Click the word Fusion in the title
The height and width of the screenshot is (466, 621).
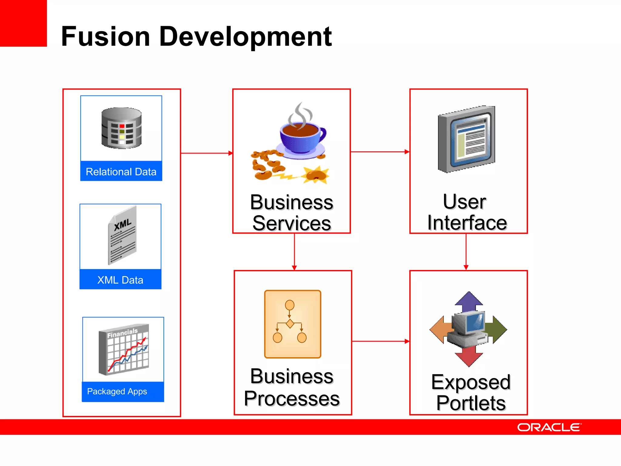pyautogui.click(x=106, y=37)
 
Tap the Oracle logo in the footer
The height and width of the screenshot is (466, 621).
pyautogui.click(x=549, y=427)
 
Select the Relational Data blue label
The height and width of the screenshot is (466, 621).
pyautogui.click(x=121, y=171)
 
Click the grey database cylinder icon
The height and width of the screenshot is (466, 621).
pyautogui.click(x=121, y=128)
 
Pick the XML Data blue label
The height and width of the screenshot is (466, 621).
pyautogui.click(x=120, y=279)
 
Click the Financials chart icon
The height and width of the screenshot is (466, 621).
pyautogui.click(x=124, y=349)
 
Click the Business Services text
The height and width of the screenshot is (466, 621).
pyautogui.click(x=291, y=213)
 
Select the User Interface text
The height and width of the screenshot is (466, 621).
pyautogui.click(x=467, y=212)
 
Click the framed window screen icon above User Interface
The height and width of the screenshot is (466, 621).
pyautogui.click(x=467, y=139)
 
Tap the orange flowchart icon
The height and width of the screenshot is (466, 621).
pyautogui.click(x=292, y=324)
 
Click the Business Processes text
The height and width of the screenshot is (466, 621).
pyautogui.click(x=292, y=387)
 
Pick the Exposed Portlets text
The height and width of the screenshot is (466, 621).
pyautogui.click(x=471, y=392)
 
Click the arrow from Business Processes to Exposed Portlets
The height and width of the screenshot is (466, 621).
pyautogui.click(x=381, y=341)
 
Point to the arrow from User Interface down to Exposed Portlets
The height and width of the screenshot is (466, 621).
pyautogui.click(x=466, y=252)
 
